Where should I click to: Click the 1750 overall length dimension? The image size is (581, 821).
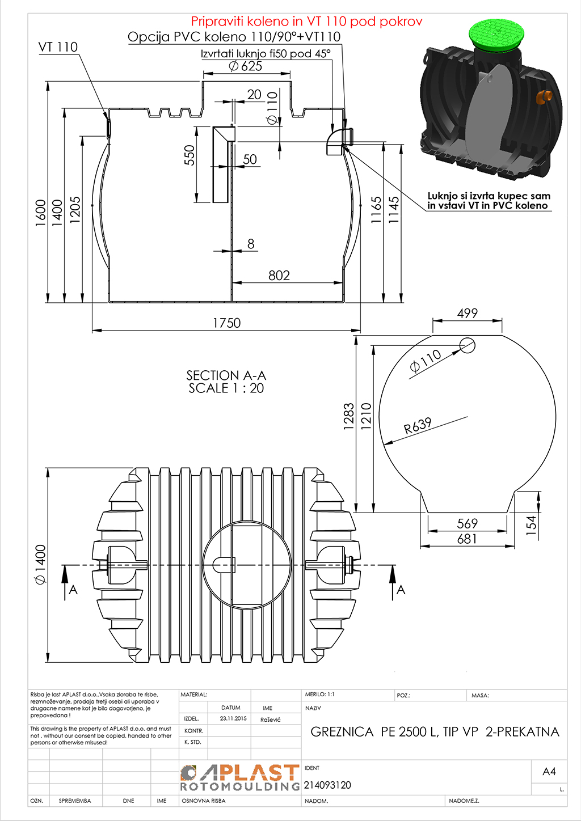pos(227,323)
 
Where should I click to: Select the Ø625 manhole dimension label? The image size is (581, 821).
pos(245,66)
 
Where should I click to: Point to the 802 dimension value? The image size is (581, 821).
pos(279,275)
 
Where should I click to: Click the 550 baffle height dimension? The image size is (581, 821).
pos(190,155)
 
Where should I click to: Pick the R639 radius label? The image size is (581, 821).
pos(418,426)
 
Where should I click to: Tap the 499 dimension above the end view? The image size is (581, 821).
pos(468,314)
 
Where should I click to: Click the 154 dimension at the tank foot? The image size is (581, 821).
pos(531,525)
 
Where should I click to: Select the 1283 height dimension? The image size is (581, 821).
pos(349,416)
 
